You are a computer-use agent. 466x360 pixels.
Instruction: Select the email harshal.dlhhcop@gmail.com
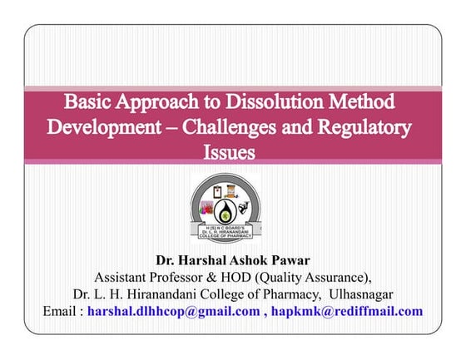click(173, 311)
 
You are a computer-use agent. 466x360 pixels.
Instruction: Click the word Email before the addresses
click(62, 311)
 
